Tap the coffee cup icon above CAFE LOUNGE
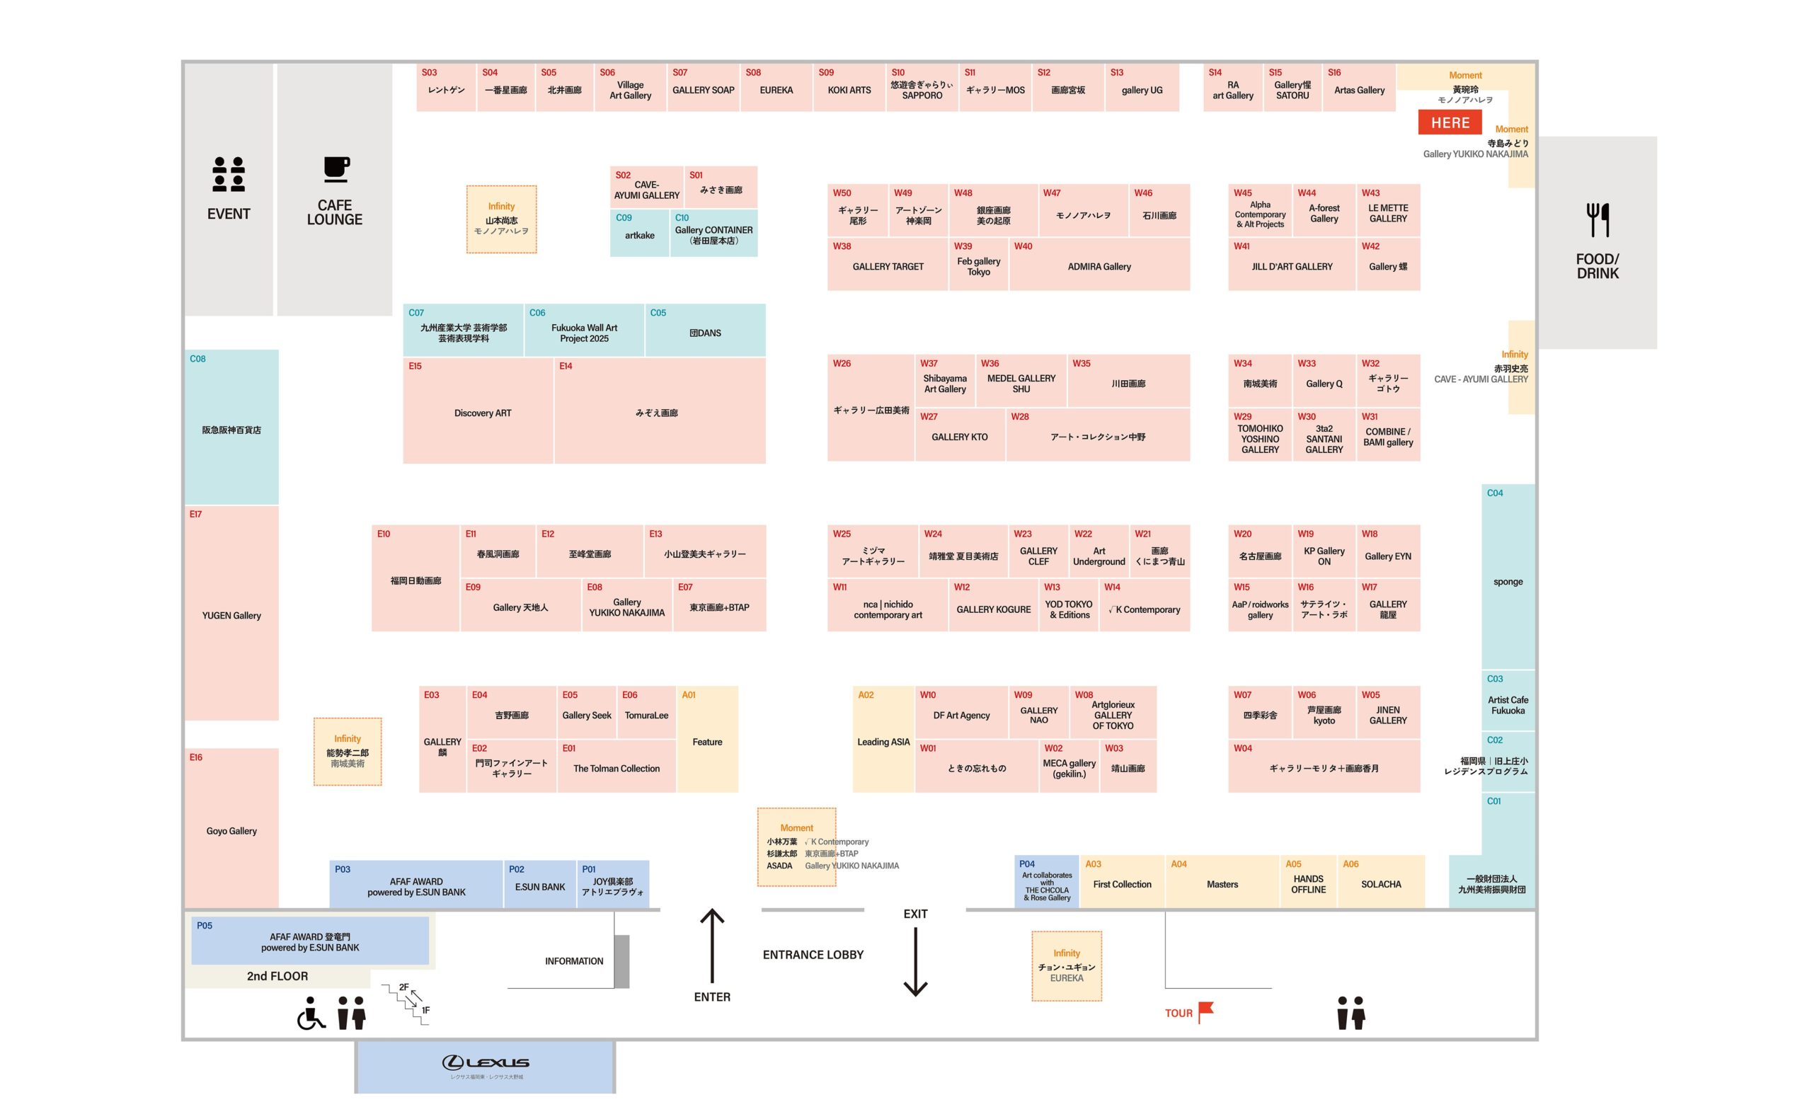[x=336, y=168]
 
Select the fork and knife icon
[x=1598, y=220]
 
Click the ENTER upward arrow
[x=712, y=945]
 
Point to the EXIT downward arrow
[x=915, y=961]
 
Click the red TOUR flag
[x=1205, y=1011]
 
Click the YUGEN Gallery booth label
[x=231, y=615]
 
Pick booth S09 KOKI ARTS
[x=849, y=87]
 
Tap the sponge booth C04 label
[x=1508, y=581]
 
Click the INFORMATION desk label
[x=574, y=960]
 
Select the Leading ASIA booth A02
[x=883, y=740]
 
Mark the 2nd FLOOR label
[x=277, y=976]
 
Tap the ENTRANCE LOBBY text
[x=813, y=955]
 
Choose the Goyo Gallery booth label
[x=231, y=830]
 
